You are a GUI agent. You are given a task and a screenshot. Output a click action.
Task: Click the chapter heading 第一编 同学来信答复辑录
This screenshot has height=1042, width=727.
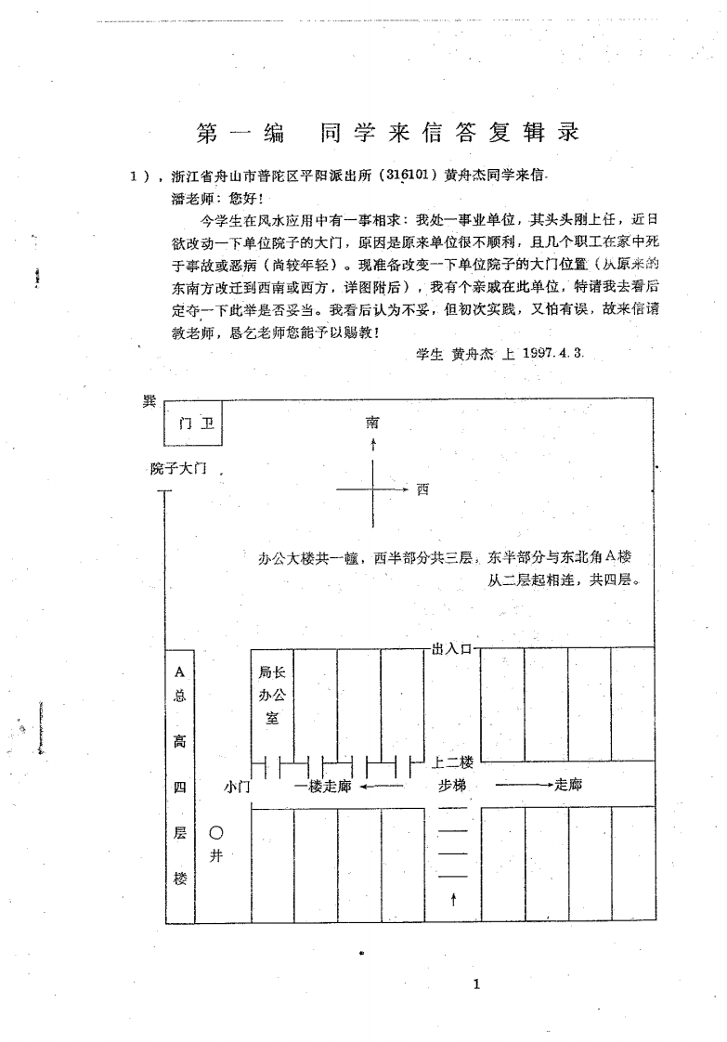(x=388, y=133)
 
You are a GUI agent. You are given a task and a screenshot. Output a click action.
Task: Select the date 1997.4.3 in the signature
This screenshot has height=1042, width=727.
(x=552, y=353)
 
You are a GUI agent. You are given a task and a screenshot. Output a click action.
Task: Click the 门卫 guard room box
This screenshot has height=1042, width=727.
(x=193, y=423)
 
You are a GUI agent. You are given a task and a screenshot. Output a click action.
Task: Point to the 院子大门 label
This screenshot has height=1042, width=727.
(x=178, y=468)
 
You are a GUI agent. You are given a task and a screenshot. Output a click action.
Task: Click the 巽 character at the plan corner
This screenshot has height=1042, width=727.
(x=149, y=401)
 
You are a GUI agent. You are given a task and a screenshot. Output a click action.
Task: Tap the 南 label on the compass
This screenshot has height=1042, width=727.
(x=373, y=422)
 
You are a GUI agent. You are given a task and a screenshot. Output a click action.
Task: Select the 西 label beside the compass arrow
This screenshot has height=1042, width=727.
(x=422, y=489)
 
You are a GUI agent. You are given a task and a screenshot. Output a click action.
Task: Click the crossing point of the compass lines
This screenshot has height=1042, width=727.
(x=373, y=489)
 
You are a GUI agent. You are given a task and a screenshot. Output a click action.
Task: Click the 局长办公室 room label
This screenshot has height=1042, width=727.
(x=272, y=695)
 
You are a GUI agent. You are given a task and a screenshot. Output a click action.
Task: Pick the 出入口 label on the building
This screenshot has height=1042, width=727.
(x=451, y=648)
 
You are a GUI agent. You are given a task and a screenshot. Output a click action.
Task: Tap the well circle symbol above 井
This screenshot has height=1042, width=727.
(x=216, y=833)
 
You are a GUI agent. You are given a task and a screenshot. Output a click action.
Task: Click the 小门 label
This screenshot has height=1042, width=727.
(x=238, y=787)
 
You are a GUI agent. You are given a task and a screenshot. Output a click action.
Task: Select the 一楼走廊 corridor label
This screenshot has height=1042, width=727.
(x=322, y=787)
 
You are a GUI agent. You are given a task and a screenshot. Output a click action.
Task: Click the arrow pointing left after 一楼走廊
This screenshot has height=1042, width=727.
(x=382, y=787)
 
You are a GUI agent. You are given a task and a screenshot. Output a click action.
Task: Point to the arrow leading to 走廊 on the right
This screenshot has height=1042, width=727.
(x=525, y=785)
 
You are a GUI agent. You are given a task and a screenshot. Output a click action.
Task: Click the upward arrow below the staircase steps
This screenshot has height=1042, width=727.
(x=453, y=900)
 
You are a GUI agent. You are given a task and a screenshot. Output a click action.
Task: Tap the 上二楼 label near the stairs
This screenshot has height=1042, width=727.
(x=452, y=762)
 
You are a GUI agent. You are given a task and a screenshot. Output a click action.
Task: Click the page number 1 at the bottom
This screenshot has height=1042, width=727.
(x=476, y=984)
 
